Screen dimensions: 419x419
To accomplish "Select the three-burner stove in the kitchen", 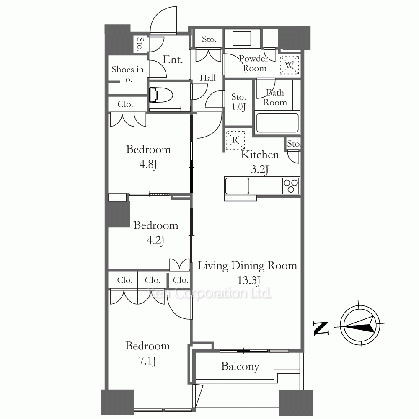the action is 291,186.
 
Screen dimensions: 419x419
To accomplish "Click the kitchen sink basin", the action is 237,186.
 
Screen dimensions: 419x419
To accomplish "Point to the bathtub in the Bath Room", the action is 277,123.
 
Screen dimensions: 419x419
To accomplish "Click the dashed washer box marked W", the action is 290,65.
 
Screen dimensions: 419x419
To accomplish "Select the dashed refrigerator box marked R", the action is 235,140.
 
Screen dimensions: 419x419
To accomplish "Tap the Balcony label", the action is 240,366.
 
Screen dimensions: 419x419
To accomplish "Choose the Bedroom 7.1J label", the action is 147,353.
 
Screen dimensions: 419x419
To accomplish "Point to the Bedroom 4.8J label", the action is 148,157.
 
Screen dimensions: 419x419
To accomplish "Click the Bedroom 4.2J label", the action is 156,233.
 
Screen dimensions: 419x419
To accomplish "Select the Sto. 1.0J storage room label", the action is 239,102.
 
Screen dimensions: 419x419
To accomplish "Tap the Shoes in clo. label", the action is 127,74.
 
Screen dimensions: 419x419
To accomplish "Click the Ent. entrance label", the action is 173,59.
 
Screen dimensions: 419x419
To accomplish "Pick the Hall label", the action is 208,78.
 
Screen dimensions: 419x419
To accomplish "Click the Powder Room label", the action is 254,63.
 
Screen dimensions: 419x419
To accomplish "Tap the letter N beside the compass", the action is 321,328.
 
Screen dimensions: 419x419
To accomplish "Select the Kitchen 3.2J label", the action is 260,162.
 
